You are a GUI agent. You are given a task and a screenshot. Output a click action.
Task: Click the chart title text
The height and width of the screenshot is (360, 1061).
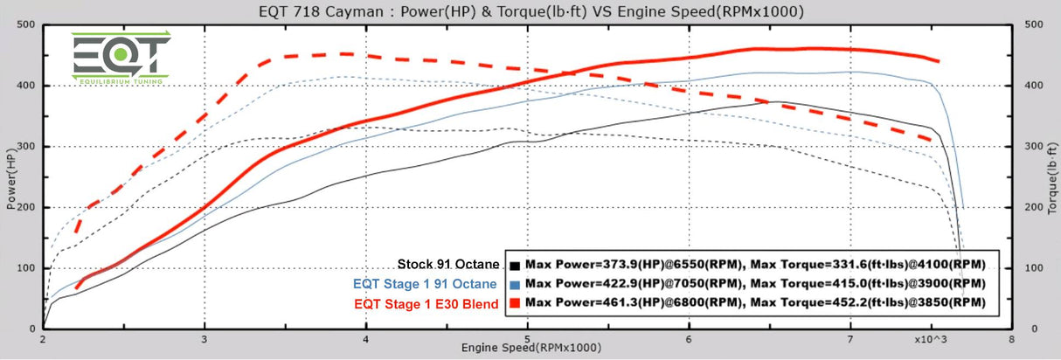pyautogui.click(x=530, y=11)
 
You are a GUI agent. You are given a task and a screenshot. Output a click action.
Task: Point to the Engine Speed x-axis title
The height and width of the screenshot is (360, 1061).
pyautogui.click(x=530, y=349)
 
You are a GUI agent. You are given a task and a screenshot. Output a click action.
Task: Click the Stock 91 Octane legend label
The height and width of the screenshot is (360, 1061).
pyautogui.click(x=448, y=264)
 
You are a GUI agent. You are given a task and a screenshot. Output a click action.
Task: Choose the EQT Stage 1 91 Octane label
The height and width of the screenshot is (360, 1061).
pyautogui.click(x=426, y=283)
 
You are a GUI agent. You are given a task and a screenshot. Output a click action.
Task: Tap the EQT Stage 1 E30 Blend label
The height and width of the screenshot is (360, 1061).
pyautogui.click(x=427, y=303)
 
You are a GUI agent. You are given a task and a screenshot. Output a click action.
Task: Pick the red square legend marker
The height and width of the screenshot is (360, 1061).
pyautogui.click(x=517, y=303)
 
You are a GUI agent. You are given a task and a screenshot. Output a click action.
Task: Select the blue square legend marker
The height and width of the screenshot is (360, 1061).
pyautogui.click(x=517, y=284)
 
